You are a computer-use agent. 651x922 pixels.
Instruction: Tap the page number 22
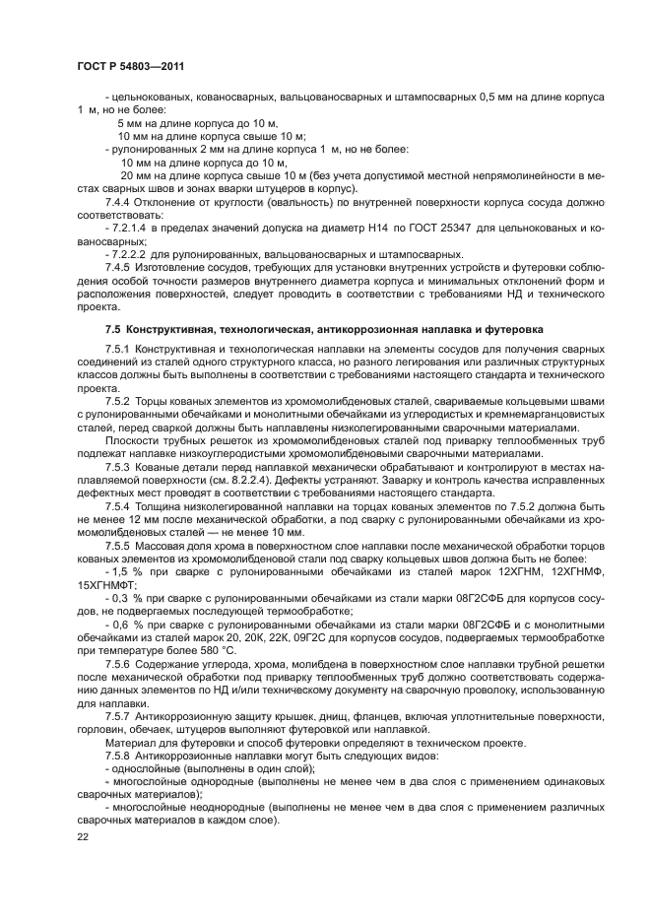click(x=83, y=835)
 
